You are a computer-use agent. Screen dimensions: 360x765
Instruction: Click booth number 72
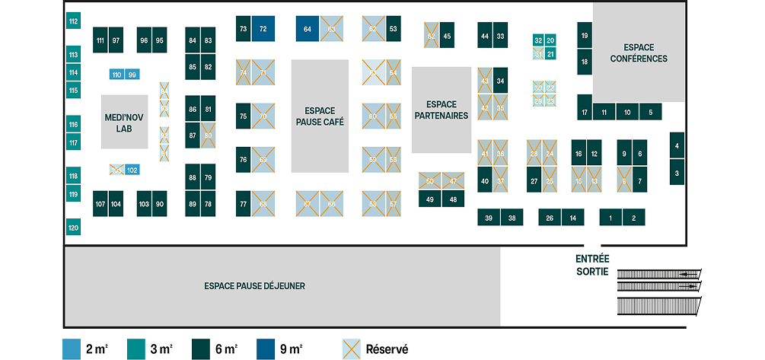(x=263, y=29)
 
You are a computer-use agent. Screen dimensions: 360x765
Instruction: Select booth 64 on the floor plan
(x=307, y=29)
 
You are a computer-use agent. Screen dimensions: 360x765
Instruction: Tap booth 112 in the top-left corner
(x=73, y=21)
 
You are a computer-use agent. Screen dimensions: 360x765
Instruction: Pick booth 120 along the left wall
(x=73, y=228)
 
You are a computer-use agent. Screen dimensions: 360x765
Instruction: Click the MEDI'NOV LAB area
(x=124, y=123)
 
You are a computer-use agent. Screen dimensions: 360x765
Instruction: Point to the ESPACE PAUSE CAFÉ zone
(x=320, y=116)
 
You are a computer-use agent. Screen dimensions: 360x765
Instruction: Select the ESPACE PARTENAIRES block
(x=441, y=110)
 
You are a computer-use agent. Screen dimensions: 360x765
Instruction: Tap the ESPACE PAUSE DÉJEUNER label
(x=254, y=286)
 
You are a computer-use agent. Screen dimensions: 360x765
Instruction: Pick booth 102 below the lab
(x=132, y=170)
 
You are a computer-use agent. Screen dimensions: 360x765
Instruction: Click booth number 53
(x=393, y=29)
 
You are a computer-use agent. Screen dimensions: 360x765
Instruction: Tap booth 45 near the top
(x=447, y=36)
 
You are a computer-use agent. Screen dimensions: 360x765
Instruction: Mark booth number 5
(x=650, y=112)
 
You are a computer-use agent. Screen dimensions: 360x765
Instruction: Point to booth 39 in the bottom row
(x=489, y=218)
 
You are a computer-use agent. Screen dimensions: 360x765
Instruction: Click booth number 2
(x=633, y=218)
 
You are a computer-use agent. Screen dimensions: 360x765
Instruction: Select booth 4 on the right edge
(x=677, y=145)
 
